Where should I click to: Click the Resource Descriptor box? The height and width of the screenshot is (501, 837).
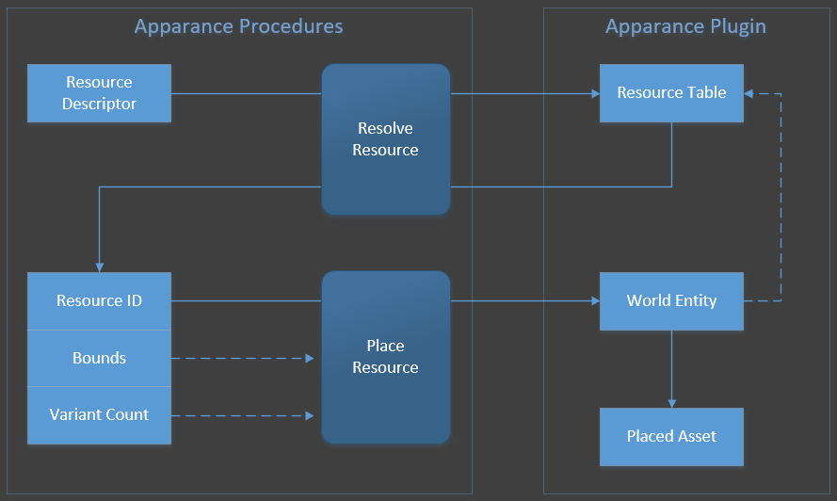pyautogui.click(x=99, y=93)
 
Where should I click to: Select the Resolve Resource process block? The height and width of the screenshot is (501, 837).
pyautogui.click(x=385, y=139)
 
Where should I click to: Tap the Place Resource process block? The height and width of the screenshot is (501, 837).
pyautogui.click(x=385, y=357)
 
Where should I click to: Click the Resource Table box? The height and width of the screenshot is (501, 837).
pyautogui.click(x=671, y=93)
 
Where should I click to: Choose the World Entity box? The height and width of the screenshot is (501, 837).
pyautogui.click(x=671, y=301)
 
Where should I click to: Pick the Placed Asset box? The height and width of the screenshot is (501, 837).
pyautogui.click(x=671, y=437)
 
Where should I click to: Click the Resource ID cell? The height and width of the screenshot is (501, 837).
pyautogui.click(x=99, y=301)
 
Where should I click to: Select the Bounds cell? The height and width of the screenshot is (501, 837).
pyautogui.click(x=99, y=359)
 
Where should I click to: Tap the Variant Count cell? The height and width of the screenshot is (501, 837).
pyautogui.click(x=99, y=415)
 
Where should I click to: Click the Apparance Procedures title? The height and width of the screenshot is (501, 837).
pyautogui.click(x=238, y=26)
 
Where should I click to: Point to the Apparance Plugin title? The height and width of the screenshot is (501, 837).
pyautogui.click(x=685, y=26)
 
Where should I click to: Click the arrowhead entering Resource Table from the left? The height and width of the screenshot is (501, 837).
pyautogui.click(x=595, y=93)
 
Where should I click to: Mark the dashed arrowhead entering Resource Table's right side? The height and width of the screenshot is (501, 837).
pyautogui.click(x=748, y=93)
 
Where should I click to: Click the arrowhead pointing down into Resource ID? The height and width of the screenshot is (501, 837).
pyautogui.click(x=99, y=267)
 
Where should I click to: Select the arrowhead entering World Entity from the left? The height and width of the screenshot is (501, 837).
pyautogui.click(x=595, y=301)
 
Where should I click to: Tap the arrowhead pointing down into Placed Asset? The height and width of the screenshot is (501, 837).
pyautogui.click(x=671, y=403)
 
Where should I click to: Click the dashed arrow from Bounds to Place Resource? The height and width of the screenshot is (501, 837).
pyautogui.click(x=245, y=359)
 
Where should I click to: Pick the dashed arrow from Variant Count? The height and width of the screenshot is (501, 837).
pyautogui.click(x=245, y=415)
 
